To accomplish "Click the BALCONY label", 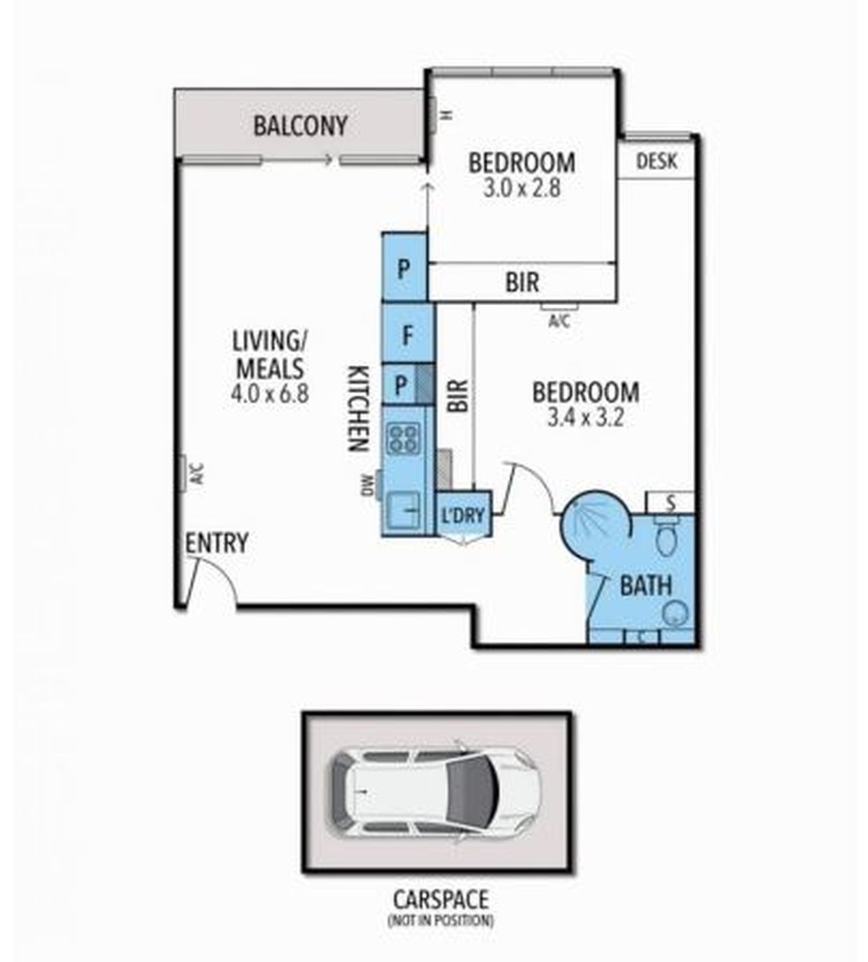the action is tap(300, 126).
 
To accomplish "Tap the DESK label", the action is tap(657, 161).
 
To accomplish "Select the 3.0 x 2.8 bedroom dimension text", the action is tap(522, 189).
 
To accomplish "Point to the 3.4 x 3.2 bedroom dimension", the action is tap(586, 418).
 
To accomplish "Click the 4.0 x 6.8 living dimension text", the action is tap(270, 394).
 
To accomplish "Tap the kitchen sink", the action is tap(404, 510).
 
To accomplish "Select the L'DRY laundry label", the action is tap(463, 516).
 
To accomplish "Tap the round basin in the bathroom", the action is tap(675, 613).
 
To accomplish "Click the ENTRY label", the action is tap(217, 543).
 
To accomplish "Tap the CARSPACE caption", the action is tap(441, 900).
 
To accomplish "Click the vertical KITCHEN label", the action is tap(358, 409).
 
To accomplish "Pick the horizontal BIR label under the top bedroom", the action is tap(522, 283).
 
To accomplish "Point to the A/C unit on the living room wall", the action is tap(183, 473).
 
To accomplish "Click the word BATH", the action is tap(645, 586).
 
